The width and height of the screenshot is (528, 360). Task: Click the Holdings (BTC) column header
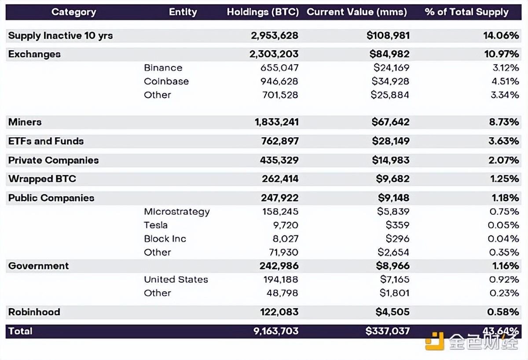(263, 12)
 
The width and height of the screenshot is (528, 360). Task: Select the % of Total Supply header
(466, 12)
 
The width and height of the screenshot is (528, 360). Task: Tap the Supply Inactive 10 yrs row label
(60, 36)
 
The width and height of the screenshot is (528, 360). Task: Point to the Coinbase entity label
(166, 81)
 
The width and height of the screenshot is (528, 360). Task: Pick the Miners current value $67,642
(390, 122)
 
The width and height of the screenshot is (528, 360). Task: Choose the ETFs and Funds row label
(46, 141)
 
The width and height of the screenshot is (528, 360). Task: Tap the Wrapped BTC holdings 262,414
(279, 179)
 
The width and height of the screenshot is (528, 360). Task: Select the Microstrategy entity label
(176, 212)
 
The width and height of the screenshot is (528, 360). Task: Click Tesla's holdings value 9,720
(286, 225)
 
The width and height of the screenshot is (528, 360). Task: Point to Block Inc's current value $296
(397, 239)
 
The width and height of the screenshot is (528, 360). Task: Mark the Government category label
(38, 266)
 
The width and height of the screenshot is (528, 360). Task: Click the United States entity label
(176, 279)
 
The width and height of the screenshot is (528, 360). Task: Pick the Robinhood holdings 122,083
(279, 312)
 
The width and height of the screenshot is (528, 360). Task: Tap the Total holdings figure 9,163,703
(276, 331)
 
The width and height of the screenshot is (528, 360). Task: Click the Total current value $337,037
(387, 331)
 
